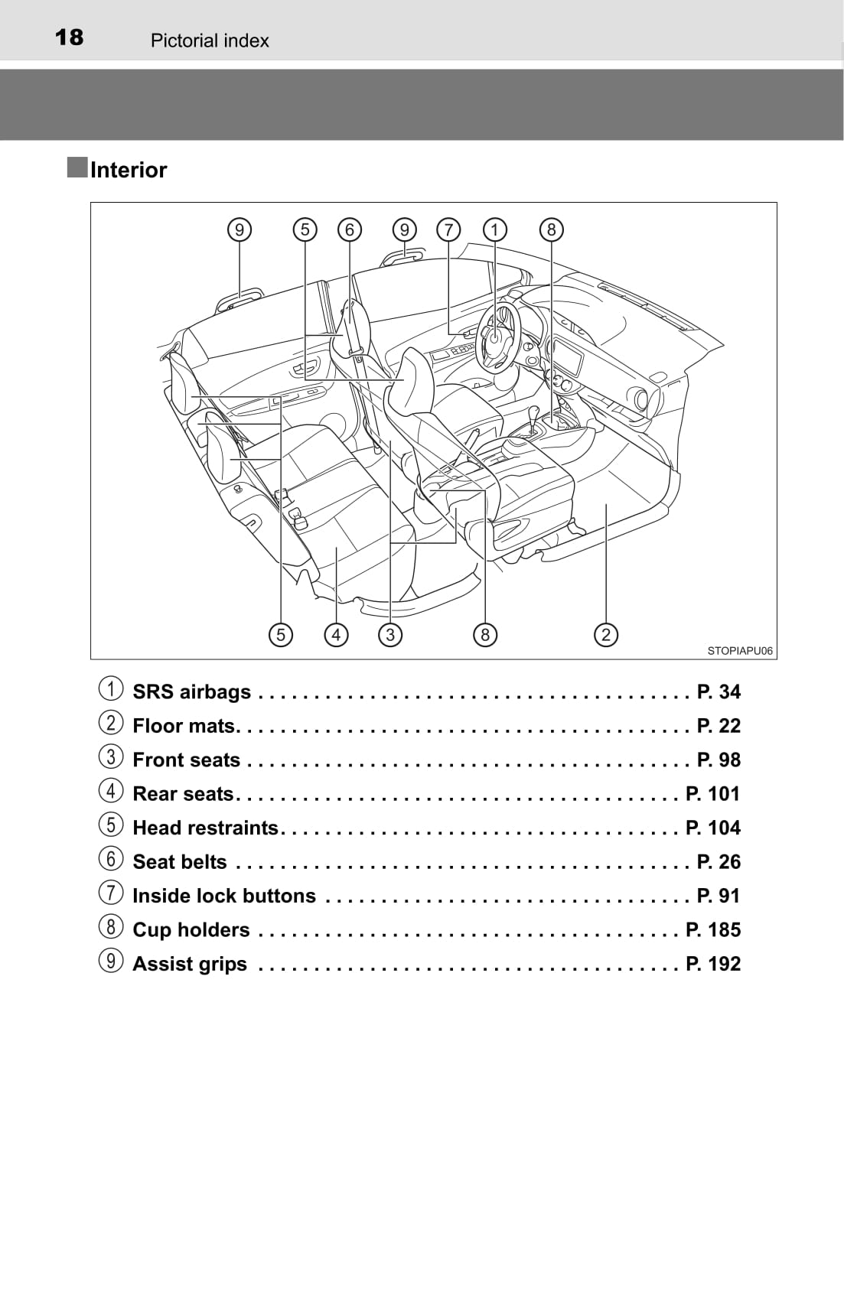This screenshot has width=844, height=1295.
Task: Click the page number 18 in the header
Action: point(69,37)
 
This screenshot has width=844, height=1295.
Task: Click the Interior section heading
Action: point(129,170)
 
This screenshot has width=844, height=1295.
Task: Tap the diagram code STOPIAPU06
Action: point(740,651)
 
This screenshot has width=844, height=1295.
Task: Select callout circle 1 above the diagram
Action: point(494,230)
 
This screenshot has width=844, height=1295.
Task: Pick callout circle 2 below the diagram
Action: point(606,635)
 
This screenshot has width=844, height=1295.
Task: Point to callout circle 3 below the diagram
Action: point(390,635)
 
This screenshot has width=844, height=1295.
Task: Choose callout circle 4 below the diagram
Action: point(336,635)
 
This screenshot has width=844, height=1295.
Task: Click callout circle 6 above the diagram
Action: point(350,230)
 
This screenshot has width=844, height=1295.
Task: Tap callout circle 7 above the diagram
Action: point(448,230)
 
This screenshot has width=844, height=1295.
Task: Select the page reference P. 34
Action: point(719,691)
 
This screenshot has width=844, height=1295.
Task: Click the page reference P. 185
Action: point(712,929)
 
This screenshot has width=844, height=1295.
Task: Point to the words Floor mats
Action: point(184,726)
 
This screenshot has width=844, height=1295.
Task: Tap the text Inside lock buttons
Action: point(224,896)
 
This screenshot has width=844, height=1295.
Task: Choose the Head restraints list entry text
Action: point(206,828)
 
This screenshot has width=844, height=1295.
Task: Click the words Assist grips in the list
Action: point(190,965)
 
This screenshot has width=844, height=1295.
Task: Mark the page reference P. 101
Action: point(712,794)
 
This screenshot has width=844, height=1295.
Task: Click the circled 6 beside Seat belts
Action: point(111,858)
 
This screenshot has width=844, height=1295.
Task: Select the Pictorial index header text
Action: point(210,41)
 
